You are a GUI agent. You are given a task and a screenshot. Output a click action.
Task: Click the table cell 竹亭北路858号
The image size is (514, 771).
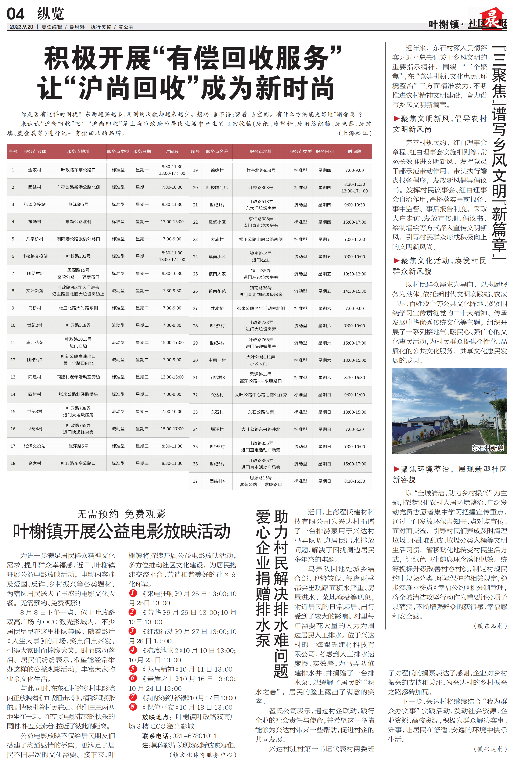(261, 170)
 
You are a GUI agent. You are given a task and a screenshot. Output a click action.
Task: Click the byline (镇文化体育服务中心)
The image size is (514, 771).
(203, 755)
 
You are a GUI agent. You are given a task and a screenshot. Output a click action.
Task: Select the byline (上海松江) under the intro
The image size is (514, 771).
(355, 133)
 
